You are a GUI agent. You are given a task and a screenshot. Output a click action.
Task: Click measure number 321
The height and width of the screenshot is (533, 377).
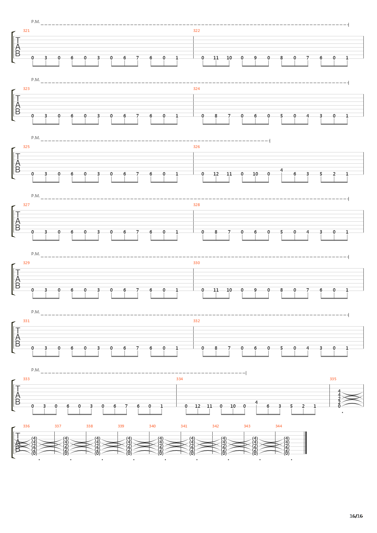26,31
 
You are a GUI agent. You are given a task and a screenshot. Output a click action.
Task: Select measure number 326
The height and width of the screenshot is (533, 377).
196,147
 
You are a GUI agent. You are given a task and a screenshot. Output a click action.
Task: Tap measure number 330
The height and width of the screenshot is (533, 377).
196,263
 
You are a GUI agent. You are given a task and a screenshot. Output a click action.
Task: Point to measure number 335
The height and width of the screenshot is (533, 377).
333,379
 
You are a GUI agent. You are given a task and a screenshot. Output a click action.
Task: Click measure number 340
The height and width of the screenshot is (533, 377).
152,426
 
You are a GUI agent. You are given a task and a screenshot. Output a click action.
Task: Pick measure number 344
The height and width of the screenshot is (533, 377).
279,426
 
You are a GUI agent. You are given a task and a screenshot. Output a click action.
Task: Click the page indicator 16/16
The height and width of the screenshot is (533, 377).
356,516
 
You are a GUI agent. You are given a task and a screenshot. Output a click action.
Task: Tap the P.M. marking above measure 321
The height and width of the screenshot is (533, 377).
35,22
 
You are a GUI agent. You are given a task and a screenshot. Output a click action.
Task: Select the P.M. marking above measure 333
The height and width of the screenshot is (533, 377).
35,370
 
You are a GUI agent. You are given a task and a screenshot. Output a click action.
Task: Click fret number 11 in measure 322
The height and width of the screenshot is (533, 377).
216,58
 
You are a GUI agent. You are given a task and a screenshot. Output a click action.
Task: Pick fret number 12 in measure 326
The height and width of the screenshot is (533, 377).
216,174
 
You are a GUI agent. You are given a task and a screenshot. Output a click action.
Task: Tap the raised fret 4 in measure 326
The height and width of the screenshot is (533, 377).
282,170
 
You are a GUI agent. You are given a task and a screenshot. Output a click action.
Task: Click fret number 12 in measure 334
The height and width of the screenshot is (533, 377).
198,406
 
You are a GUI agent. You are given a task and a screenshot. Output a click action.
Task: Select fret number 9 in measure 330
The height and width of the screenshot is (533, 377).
255,290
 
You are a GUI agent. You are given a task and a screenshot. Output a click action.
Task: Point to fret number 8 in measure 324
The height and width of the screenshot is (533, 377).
216,116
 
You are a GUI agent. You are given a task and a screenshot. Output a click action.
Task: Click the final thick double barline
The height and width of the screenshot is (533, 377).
306,443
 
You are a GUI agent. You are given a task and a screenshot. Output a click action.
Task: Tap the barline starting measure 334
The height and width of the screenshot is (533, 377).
176,396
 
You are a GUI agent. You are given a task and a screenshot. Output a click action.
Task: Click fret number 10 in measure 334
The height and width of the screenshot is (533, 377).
233,406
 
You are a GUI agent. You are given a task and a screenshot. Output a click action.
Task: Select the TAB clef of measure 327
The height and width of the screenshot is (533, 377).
18,221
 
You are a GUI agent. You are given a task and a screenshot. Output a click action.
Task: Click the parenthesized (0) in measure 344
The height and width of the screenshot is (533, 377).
287,454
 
